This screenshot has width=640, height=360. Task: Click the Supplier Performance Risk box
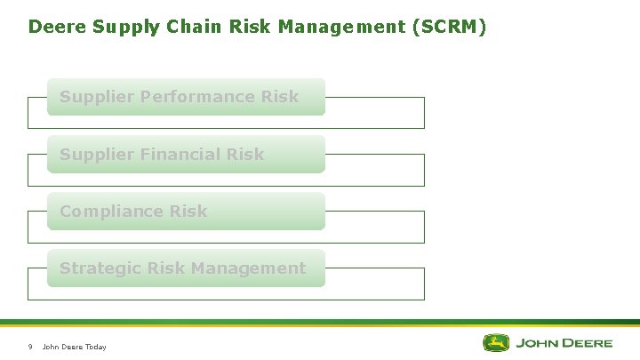coord(186,97)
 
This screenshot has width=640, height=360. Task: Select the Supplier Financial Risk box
coord(186,155)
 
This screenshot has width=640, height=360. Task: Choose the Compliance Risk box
coord(186,212)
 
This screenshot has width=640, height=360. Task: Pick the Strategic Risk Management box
coord(186,268)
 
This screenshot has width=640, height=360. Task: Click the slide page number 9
coord(30,347)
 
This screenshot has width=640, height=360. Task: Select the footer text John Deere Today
coord(75,347)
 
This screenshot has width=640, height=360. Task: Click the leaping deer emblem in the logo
coord(496,343)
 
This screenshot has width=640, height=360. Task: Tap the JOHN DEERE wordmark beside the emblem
coord(564,343)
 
